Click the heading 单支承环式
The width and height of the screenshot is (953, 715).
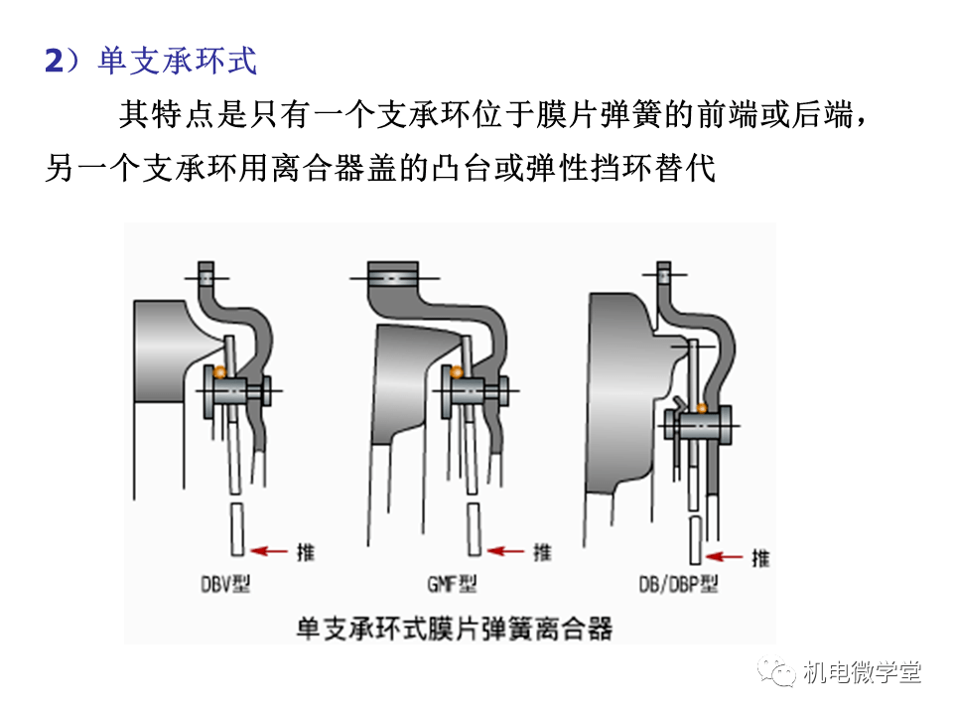[178, 62]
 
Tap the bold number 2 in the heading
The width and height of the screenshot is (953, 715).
[54, 62]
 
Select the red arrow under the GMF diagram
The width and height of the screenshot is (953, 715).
[508, 550]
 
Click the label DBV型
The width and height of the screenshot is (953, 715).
[221, 585]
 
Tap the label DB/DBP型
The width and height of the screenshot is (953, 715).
[680, 585]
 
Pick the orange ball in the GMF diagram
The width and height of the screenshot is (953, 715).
[458, 374]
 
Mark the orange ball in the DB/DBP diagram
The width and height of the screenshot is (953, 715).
[701, 407]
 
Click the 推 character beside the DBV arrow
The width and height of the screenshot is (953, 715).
[305, 551]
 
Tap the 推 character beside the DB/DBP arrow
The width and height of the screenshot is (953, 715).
[760, 558]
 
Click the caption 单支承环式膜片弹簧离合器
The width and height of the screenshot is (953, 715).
[456, 629]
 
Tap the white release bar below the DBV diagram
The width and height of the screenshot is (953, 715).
[236, 528]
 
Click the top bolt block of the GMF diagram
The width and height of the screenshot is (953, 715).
[393, 273]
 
